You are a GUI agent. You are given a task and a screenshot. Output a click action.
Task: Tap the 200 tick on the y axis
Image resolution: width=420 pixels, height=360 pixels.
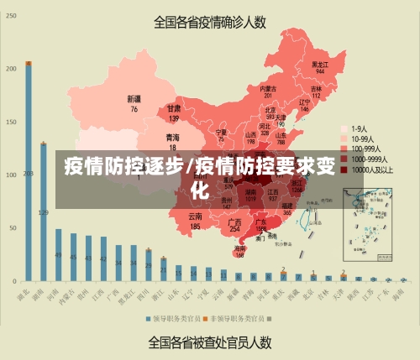[12, 67]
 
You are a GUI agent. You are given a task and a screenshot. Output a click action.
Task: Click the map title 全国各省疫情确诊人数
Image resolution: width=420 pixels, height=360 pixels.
[210, 23]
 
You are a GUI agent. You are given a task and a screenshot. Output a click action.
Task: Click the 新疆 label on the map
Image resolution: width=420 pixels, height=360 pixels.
[134, 99]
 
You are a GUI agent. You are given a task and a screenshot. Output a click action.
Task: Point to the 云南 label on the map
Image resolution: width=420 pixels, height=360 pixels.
[195, 217]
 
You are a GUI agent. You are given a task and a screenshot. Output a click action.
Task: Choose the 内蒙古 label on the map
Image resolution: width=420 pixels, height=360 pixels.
[268, 88]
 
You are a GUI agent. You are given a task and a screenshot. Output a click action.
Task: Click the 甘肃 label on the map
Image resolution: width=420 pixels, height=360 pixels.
[174, 109]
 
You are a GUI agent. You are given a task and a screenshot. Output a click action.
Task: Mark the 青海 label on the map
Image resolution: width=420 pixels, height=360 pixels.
[172, 137]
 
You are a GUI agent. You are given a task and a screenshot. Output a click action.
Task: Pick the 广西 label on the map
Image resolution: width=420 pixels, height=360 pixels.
[235, 222]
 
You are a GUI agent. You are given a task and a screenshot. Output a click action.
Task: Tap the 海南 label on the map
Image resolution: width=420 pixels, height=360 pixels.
[240, 248]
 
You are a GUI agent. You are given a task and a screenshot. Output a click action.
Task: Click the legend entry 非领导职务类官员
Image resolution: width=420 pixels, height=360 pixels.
[238, 319]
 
